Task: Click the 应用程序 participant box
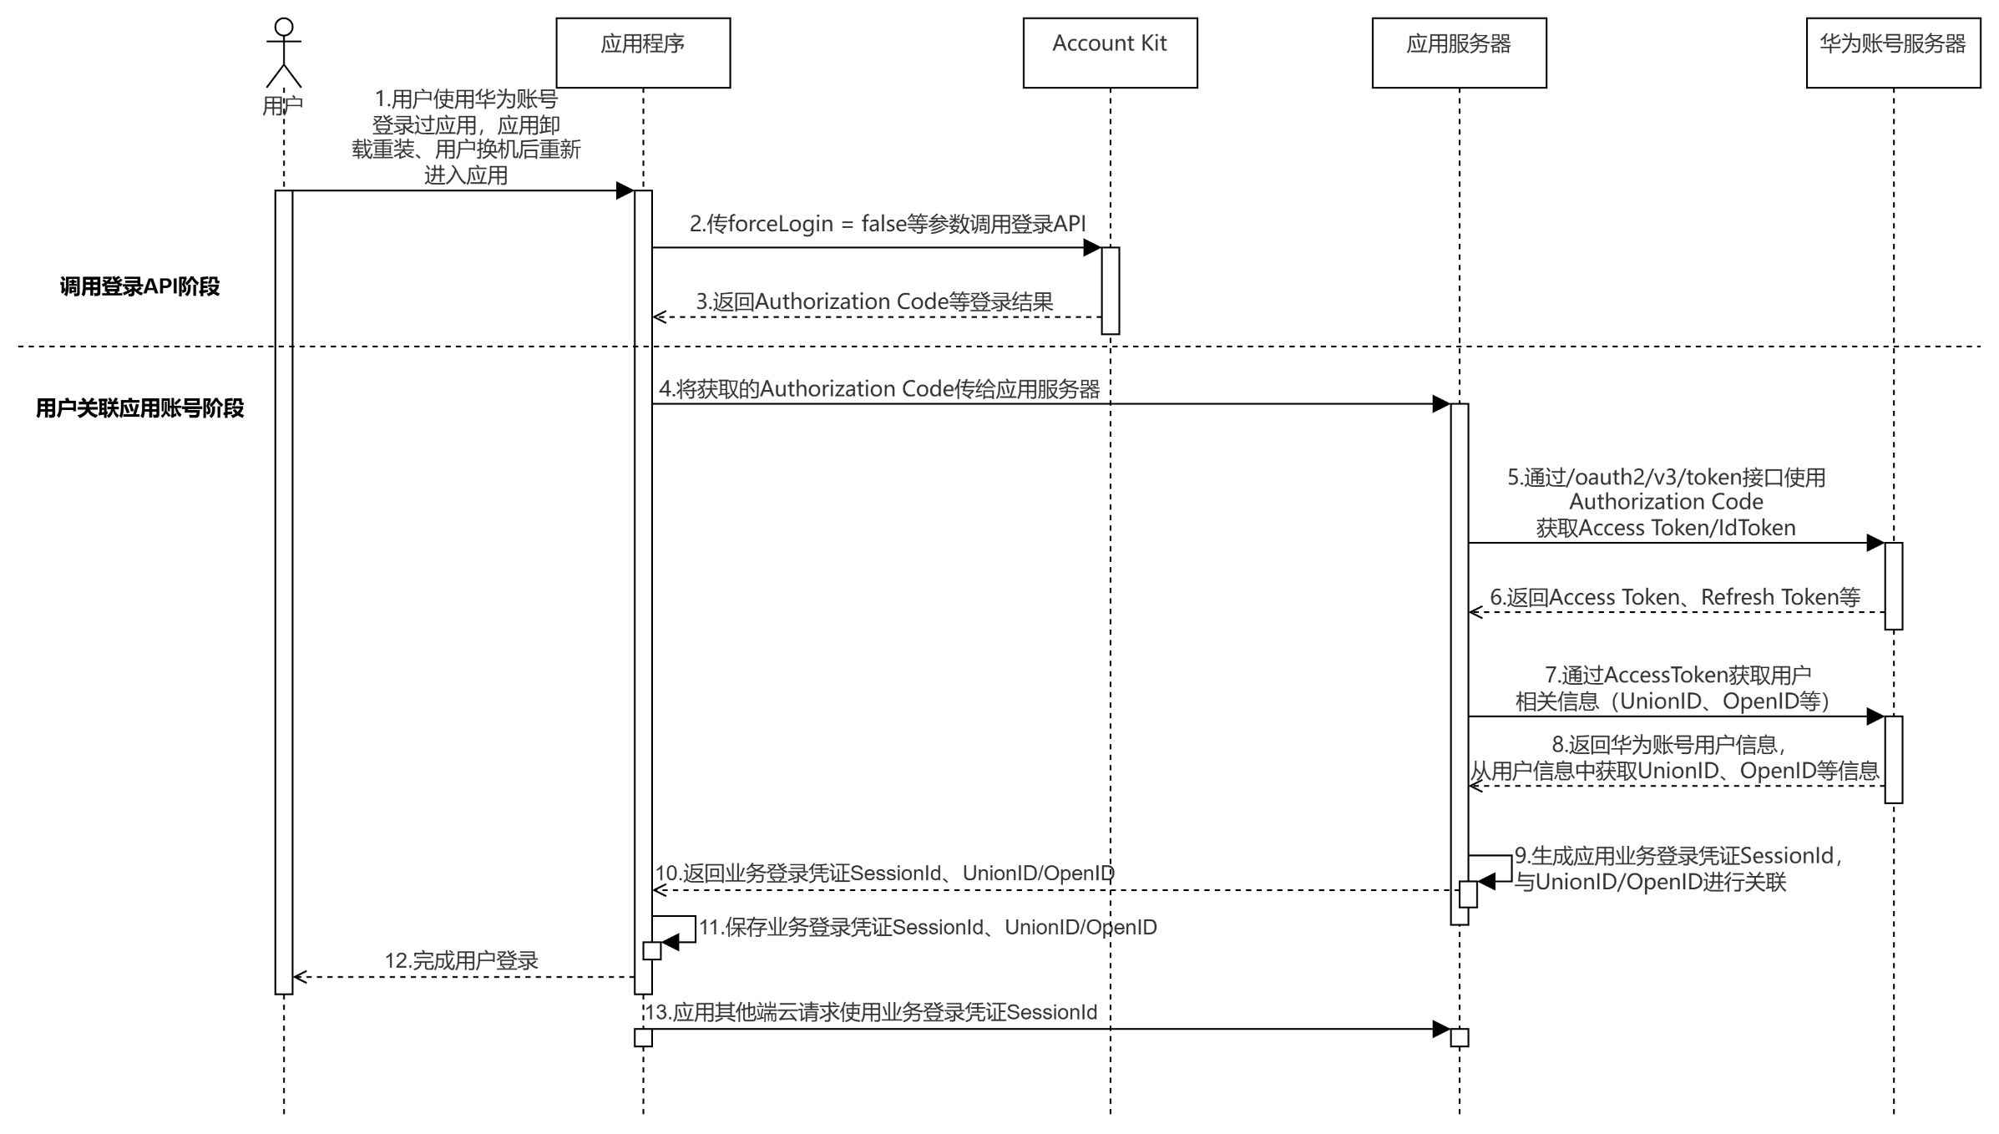click(x=643, y=53)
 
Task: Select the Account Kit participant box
click(x=1110, y=53)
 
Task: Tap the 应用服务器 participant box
click(x=1459, y=53)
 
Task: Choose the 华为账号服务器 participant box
click(x=1893, y=53)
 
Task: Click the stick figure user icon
click(x=284, y=53)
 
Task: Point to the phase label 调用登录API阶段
click(x=139, y=286)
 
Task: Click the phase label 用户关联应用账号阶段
click(x=139, y=408)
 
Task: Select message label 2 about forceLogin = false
click(x=888, y=224)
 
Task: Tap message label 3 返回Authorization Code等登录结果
click(x=874, y=301)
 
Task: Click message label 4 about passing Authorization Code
click(x=879, y=389)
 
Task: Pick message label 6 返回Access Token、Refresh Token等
click(x=1675, y=597)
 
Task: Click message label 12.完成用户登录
click(x=461, y=960)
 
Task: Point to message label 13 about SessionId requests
click(x=872, y=1012)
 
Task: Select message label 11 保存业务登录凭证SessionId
click(x=928, y=927)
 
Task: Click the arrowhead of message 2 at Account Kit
click(x=1092, y=247)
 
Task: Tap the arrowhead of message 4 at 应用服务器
click(x=1441, y=404)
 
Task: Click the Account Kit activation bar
click(x=1110, y=291)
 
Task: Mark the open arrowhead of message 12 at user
click(x=300, y=977)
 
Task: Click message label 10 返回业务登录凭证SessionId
click(x=884, y=873)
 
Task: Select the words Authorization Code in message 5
click(x=1666, y=502)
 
